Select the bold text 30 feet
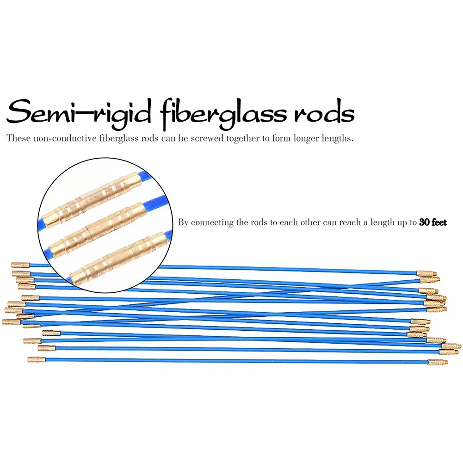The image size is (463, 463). pyautogui.click(x=433, y=222)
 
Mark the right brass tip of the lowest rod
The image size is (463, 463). pyautogui.click(x=438, y=362)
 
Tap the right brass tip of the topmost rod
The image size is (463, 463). pyautogui.click(x=426, y=274)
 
